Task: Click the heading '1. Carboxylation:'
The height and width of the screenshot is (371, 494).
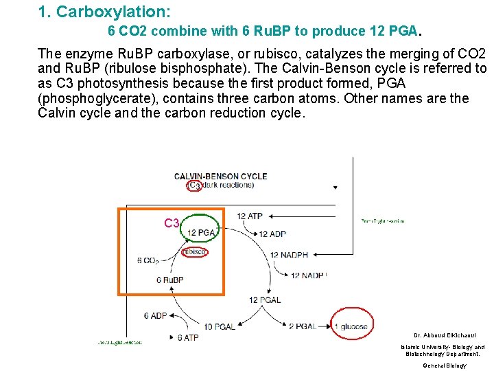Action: tap(105, 12)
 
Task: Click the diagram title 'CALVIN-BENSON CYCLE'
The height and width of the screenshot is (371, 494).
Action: tap(220, 176)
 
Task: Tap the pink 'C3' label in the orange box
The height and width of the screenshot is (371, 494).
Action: tap(172, 223)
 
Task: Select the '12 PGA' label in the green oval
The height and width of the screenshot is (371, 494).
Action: tap(201, 233)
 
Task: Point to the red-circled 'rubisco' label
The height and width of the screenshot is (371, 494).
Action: tap(194, 252)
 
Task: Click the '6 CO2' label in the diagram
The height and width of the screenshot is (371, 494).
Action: tap(148, 261)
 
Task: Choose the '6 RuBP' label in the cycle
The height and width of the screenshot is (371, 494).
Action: tap(169, 280)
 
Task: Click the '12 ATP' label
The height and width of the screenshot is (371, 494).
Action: tap(250, 216)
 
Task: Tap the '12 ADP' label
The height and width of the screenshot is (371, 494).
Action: tap(272, 234)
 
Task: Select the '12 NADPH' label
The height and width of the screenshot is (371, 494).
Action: tap(289, 255)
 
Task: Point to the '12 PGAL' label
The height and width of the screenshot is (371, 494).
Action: tap(264, 300)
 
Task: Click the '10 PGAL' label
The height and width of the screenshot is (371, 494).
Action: tap(219, 326)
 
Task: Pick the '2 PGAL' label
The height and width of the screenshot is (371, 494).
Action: tap(302, 326)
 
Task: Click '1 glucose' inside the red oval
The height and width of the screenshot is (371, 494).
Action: tap(351, 326)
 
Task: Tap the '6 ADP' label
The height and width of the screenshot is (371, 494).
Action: tap(155, 316)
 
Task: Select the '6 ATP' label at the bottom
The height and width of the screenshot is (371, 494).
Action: tap(188, 337)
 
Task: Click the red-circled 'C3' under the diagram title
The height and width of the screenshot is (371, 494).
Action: tap(195, 185)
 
